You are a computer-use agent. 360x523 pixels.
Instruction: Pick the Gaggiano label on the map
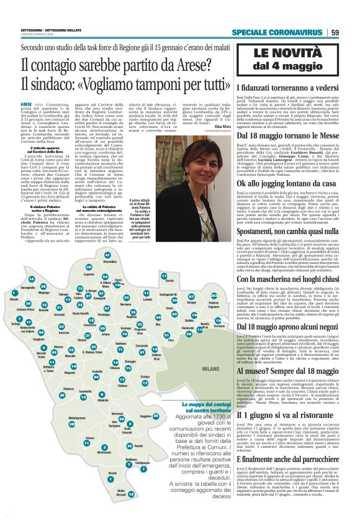pyautogui.click(x=144, y=417)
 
